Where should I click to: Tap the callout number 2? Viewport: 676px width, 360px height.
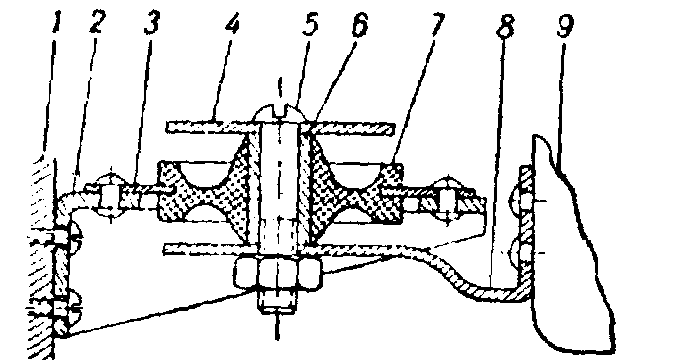tap(97, 23)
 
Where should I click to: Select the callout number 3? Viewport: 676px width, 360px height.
tap(151, 23)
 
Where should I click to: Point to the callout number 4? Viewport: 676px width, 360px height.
tap(232, 25)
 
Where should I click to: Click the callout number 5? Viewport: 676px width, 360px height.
tap(310, 25)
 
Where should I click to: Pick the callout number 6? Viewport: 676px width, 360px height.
tap(360, 25)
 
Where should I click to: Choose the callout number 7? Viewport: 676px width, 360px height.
tap(436, 25)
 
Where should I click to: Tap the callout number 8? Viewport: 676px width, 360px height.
tap(505, 27)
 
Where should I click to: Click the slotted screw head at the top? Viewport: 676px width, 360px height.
tap(280, 113)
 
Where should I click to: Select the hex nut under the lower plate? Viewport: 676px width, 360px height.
tap(277, 273)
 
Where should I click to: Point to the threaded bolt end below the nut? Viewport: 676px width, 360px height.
tap(277, 300)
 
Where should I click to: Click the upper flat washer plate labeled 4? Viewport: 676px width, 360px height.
tap(281, 128)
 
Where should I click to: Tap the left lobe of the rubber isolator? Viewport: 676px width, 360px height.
tap(203, 192)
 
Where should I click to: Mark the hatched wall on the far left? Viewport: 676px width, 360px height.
tap(42, 259)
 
